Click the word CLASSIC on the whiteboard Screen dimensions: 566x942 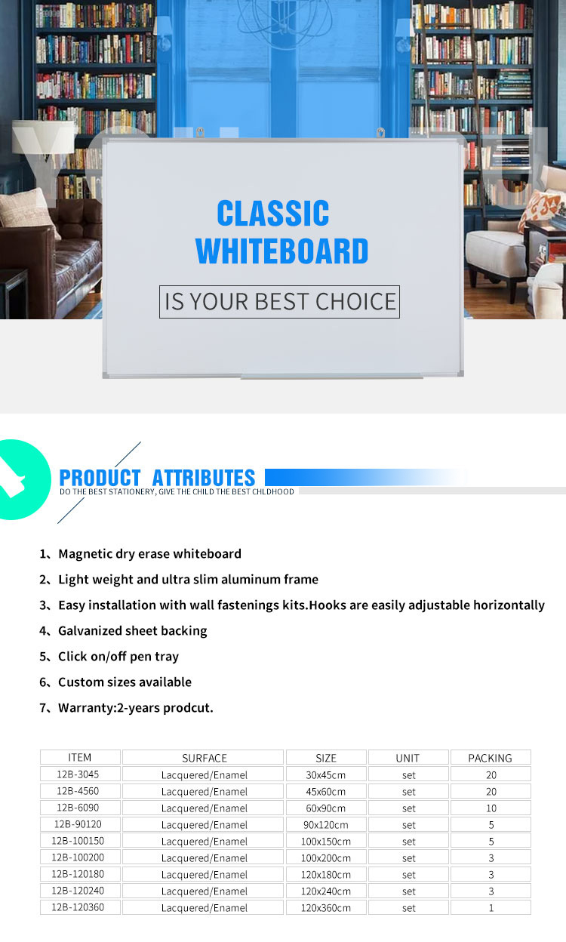click(x=273, y=213)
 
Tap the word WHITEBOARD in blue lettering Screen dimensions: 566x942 click(x=281, y=251)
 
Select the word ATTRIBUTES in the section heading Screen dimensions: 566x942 click(x=204, y=478)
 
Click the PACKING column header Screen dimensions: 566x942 click(x=491, y=758)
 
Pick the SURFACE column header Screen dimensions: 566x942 click(x=205, y=758)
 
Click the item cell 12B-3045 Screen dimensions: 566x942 click(x=78, y=774)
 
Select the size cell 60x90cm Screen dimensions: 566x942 click(x=326, y=808)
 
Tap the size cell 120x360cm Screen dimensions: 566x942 click(x=326, y=907)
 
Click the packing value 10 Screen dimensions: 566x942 click(x=491, y=808)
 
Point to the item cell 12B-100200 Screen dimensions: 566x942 click(x=78, y=857)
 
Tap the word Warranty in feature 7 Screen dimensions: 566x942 click(x=86, y=708)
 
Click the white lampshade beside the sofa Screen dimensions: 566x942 click(x=42, y=137)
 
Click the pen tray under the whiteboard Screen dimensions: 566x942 click(x=331, y=377)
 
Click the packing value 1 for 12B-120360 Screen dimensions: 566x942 click(x=491, y=907)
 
